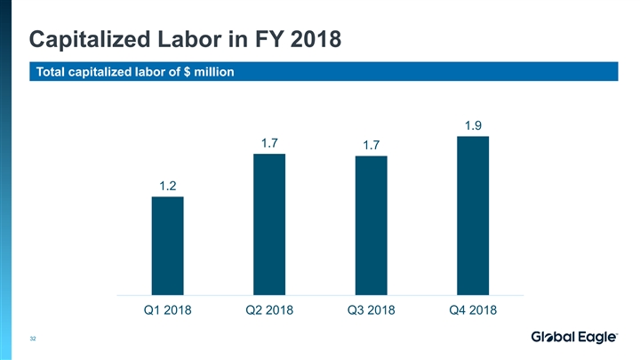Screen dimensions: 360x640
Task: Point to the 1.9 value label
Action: [x=473, y=125]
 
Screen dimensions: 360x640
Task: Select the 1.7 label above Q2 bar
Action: [x=269, y=142]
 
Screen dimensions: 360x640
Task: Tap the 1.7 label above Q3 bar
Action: [x=371, y=145]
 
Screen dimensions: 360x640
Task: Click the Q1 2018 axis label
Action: [x=167, y=309]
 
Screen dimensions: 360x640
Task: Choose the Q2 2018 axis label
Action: [x=269, y=309]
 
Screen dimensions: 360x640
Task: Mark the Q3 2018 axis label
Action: [x=371, y=309]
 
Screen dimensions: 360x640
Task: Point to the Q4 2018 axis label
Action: [x=473, y=309]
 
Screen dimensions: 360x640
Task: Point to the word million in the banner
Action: [x=211, y=72]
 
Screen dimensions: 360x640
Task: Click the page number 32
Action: [x=33, y=339]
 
